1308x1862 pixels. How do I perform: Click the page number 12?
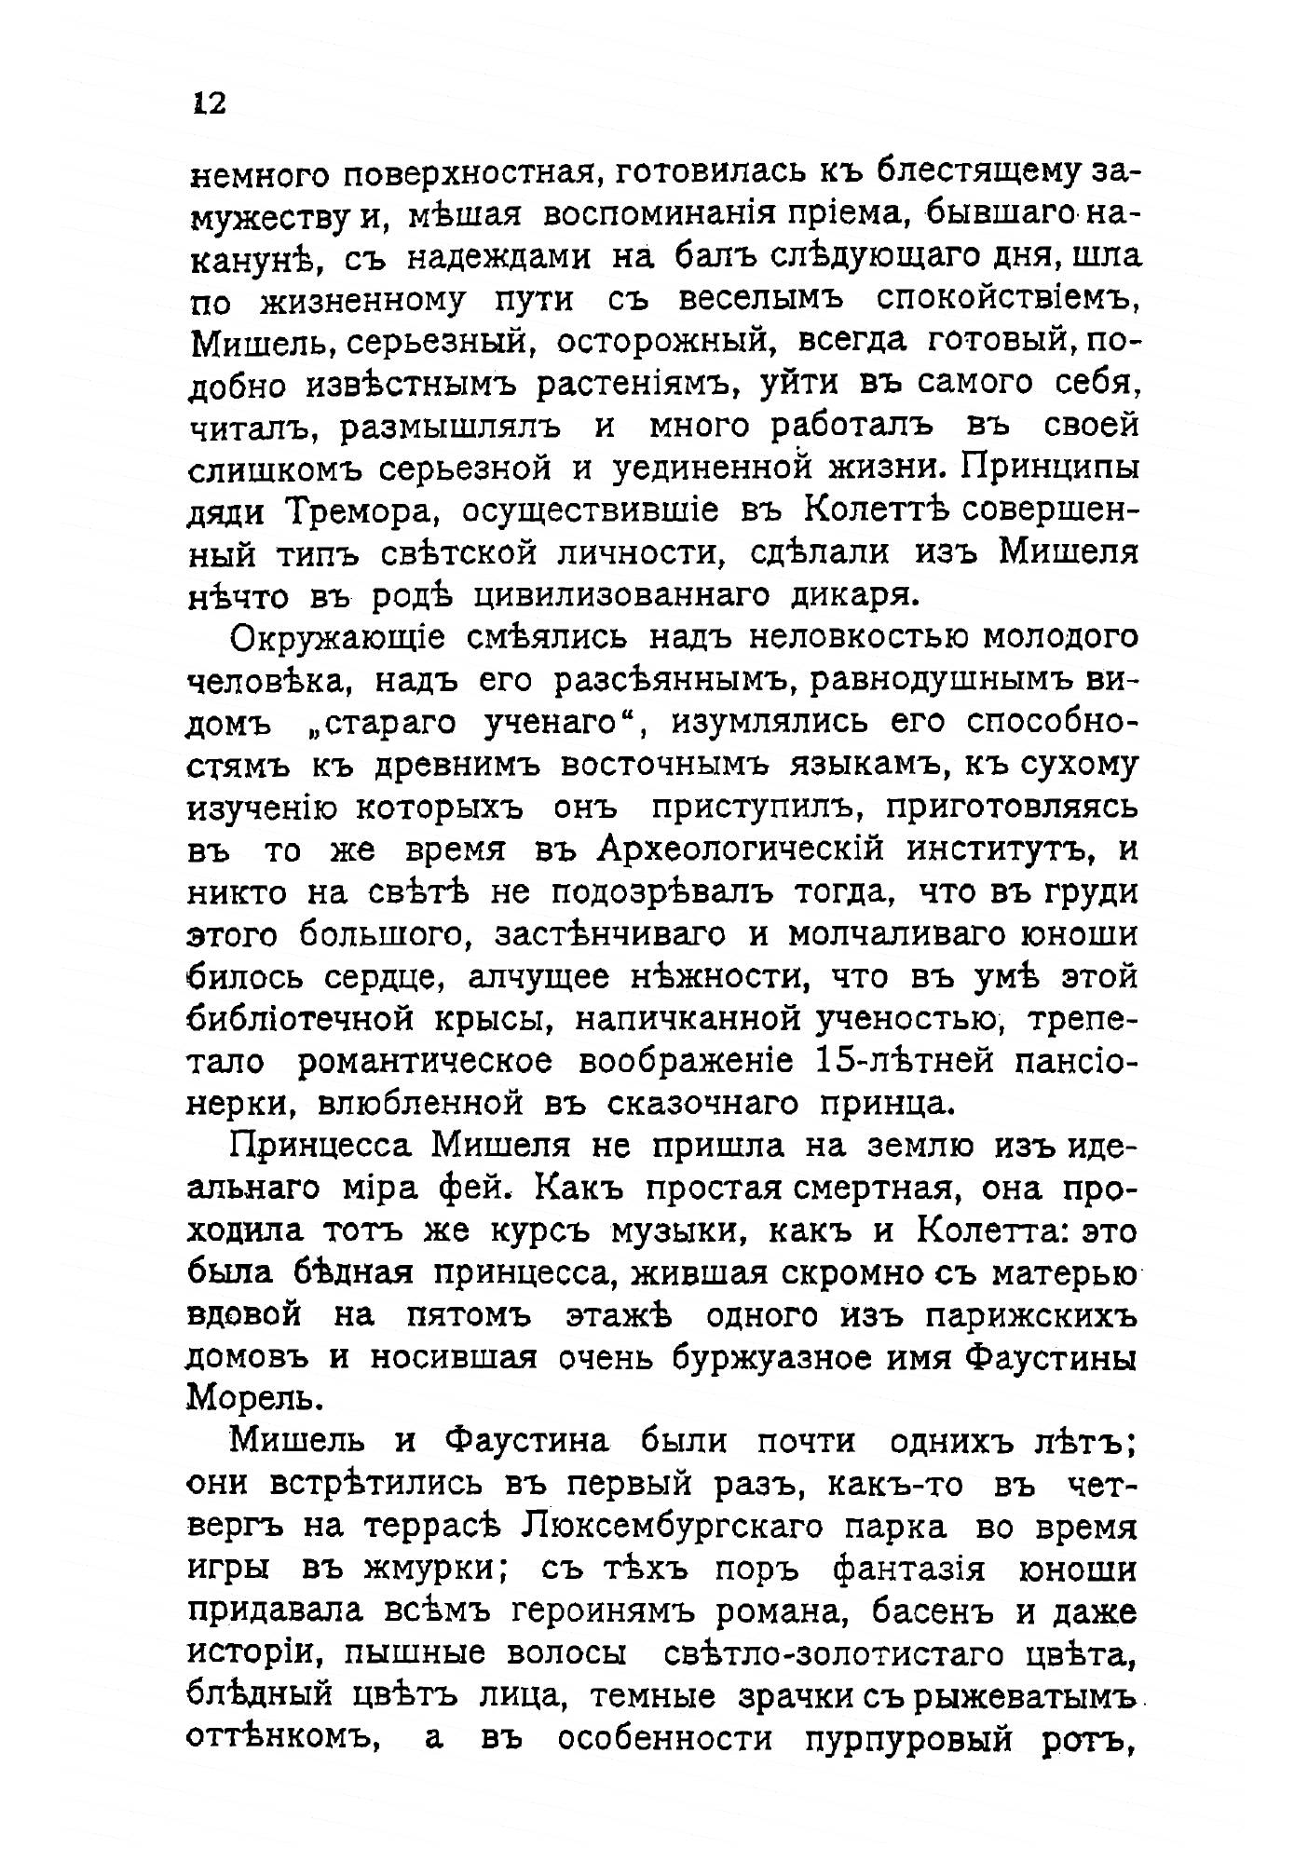(x=210, y=102)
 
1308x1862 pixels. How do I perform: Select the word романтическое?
(x=427, y=1062)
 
